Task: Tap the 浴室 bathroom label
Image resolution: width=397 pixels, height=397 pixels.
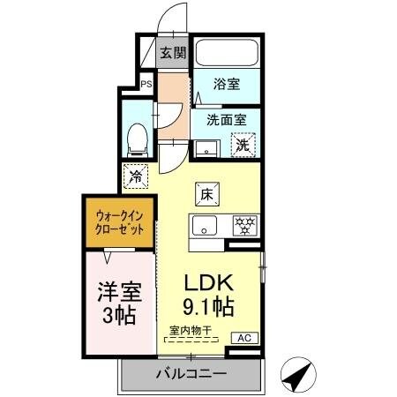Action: (227, 85)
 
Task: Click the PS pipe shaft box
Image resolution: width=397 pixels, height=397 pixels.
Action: (146, 84)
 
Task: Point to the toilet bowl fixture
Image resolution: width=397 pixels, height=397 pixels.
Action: (137, 135)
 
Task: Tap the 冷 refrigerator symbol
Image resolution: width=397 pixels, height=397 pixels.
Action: (137, 176)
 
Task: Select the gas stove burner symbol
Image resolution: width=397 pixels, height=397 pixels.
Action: (244, 224)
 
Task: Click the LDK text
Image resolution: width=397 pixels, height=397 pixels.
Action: (207, 284)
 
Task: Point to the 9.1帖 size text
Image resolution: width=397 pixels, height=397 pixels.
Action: (207, 308)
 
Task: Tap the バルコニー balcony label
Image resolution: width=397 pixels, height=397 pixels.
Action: (191, 374)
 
